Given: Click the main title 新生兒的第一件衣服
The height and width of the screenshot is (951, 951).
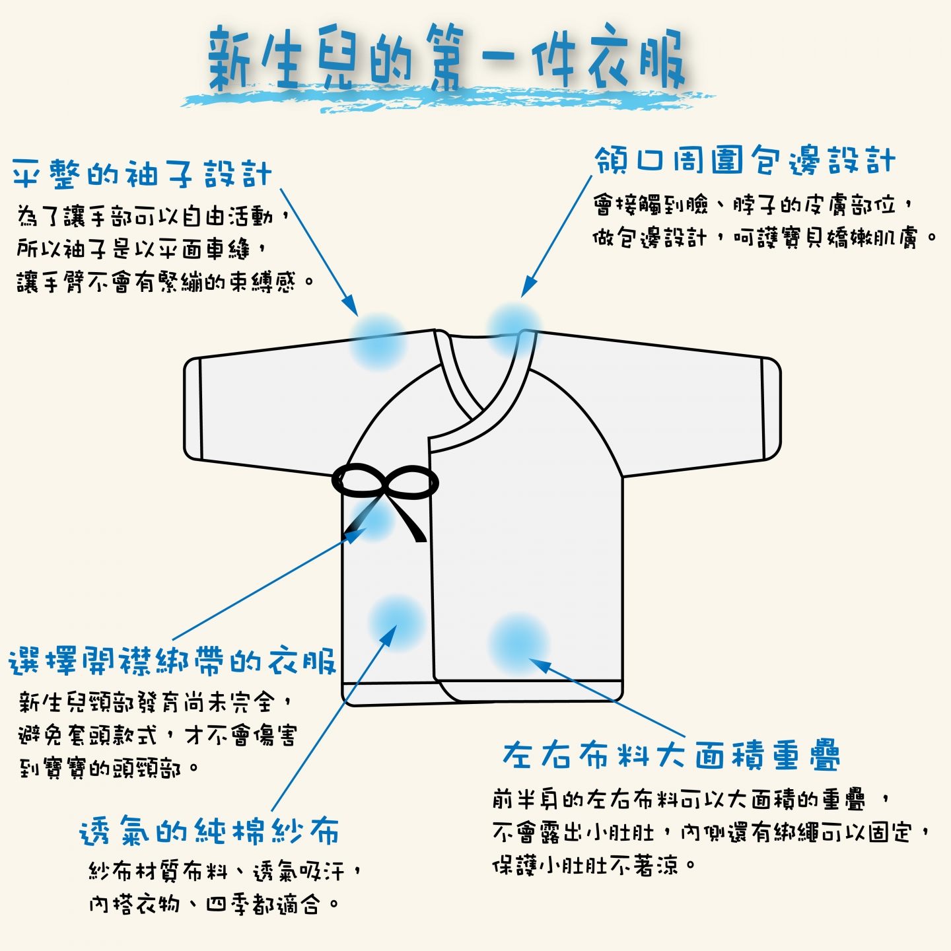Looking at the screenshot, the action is click(x=446, y=58).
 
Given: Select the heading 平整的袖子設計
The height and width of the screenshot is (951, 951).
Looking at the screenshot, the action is click(x=142, y=174).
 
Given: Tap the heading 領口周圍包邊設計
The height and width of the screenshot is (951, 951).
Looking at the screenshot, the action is click(x=745, y=160).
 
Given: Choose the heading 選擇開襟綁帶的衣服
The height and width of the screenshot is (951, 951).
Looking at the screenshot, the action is click(x=172, y=660).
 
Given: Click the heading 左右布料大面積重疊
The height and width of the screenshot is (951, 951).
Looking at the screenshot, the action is click(x=671, y=755).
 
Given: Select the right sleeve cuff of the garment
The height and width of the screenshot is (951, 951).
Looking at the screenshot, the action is click(x=771, y=409).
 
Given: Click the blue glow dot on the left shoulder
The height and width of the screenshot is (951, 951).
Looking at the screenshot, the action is click(x=378, y=341).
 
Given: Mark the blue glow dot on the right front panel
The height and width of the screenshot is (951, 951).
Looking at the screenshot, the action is click(x=518, y=644).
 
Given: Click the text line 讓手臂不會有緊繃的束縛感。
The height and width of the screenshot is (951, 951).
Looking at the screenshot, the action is click(x=165, y=282).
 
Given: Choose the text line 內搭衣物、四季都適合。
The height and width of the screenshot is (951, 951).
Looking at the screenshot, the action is click(x=214, y=904).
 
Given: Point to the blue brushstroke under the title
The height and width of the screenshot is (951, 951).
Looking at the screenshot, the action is click(x=446, y=98).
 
